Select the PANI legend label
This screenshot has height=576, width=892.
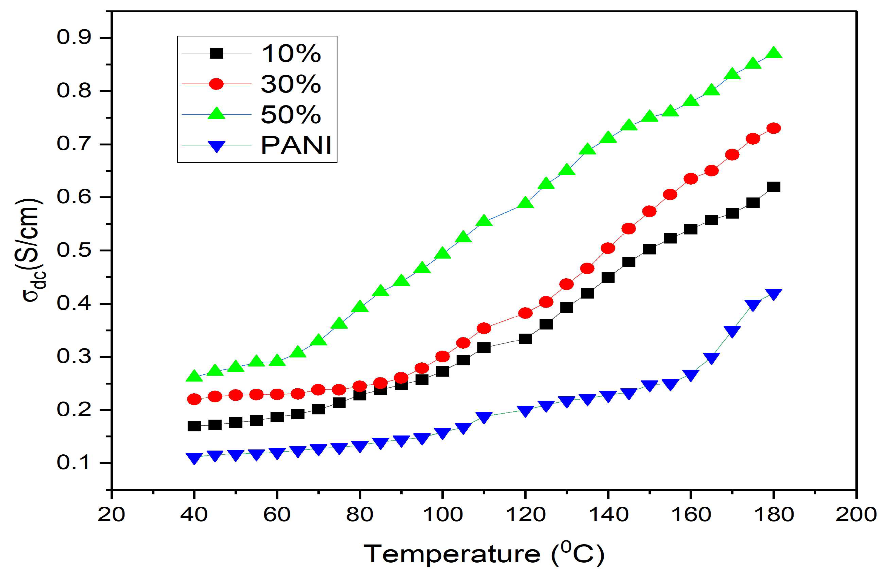[x=296, y=145]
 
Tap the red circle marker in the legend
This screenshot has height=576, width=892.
[x=216, y=84]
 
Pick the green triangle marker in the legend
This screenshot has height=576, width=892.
[x=216, y=113]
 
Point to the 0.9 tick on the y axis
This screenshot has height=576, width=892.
[x=74, y=38]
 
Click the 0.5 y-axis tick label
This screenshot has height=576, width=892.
[x=74, y=250]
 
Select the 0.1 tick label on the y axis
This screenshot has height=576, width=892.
[x=74, y=463]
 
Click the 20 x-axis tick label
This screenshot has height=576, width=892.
[x=111, y=515]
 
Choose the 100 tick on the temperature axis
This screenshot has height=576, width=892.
[x=442, y=515]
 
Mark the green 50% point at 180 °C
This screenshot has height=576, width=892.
[x=773, y=53]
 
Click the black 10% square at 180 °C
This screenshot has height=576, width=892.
[x=773, y=187]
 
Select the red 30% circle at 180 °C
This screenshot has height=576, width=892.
[x=773, y=128]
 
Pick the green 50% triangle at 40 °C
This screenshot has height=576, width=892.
[x=194, y=376]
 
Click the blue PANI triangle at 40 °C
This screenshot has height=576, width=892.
[x=194, y=458]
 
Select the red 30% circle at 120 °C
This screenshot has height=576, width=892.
[x=525, y=313]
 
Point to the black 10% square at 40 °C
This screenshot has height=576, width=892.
[x=194, y=426]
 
